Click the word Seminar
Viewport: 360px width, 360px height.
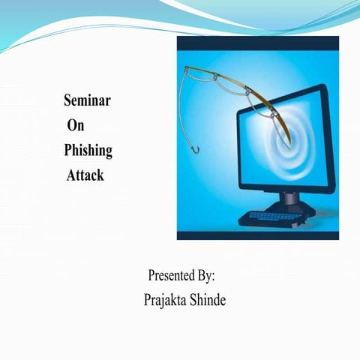coord(88,100)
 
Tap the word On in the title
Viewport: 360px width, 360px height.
coord(76,125)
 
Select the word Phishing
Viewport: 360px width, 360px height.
coord(88,151)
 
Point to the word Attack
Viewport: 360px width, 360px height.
coord(85,176)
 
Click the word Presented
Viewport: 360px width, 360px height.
coord(170,275)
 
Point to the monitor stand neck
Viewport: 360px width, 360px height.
coord(289,198)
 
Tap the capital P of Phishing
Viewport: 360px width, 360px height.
coord(69,150)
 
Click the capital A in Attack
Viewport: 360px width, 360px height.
coord(70,176)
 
